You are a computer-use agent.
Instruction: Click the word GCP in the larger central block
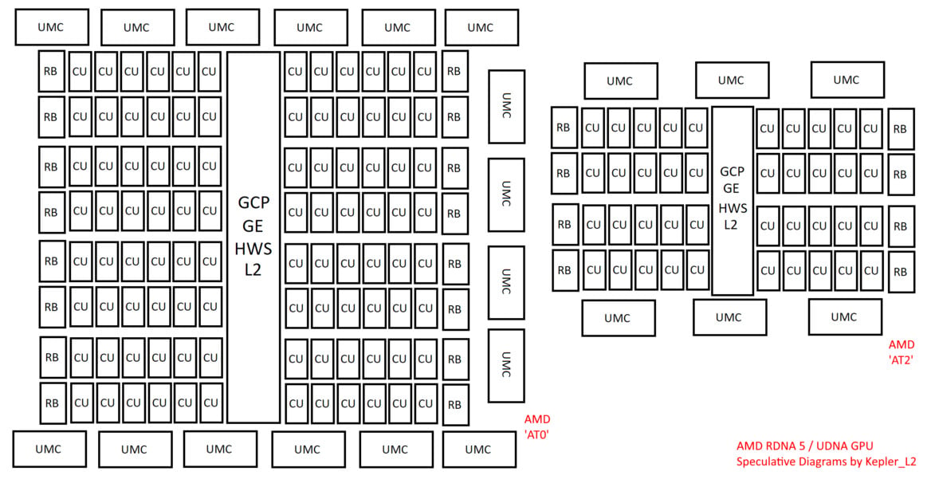coord(253,203)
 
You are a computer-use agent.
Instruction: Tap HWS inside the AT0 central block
coord(253,249)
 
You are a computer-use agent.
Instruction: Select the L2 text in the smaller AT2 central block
coord(730,225)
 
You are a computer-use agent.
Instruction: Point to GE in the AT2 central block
coord(731,188)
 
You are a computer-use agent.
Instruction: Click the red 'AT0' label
coord(536,434)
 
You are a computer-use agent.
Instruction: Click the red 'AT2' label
coord(901,359)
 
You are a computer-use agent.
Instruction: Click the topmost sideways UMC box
coord(506,107)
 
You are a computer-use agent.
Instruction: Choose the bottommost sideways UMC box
coord(506,366)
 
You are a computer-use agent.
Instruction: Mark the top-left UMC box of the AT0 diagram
coord(52,27)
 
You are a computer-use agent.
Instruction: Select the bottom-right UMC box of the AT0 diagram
coord(479,450)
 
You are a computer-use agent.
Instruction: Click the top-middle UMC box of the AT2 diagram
coord(732,80)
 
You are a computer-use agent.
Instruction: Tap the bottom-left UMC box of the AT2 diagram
coord(619,318)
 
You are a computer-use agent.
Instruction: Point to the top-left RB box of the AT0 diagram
coord(51,71)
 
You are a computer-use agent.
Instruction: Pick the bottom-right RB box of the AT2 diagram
coord(901,273)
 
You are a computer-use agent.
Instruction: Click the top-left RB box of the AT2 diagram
coord(564,128)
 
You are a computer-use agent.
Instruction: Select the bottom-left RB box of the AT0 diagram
coord(53,403)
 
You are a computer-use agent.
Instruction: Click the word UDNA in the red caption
coord(831,446)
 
